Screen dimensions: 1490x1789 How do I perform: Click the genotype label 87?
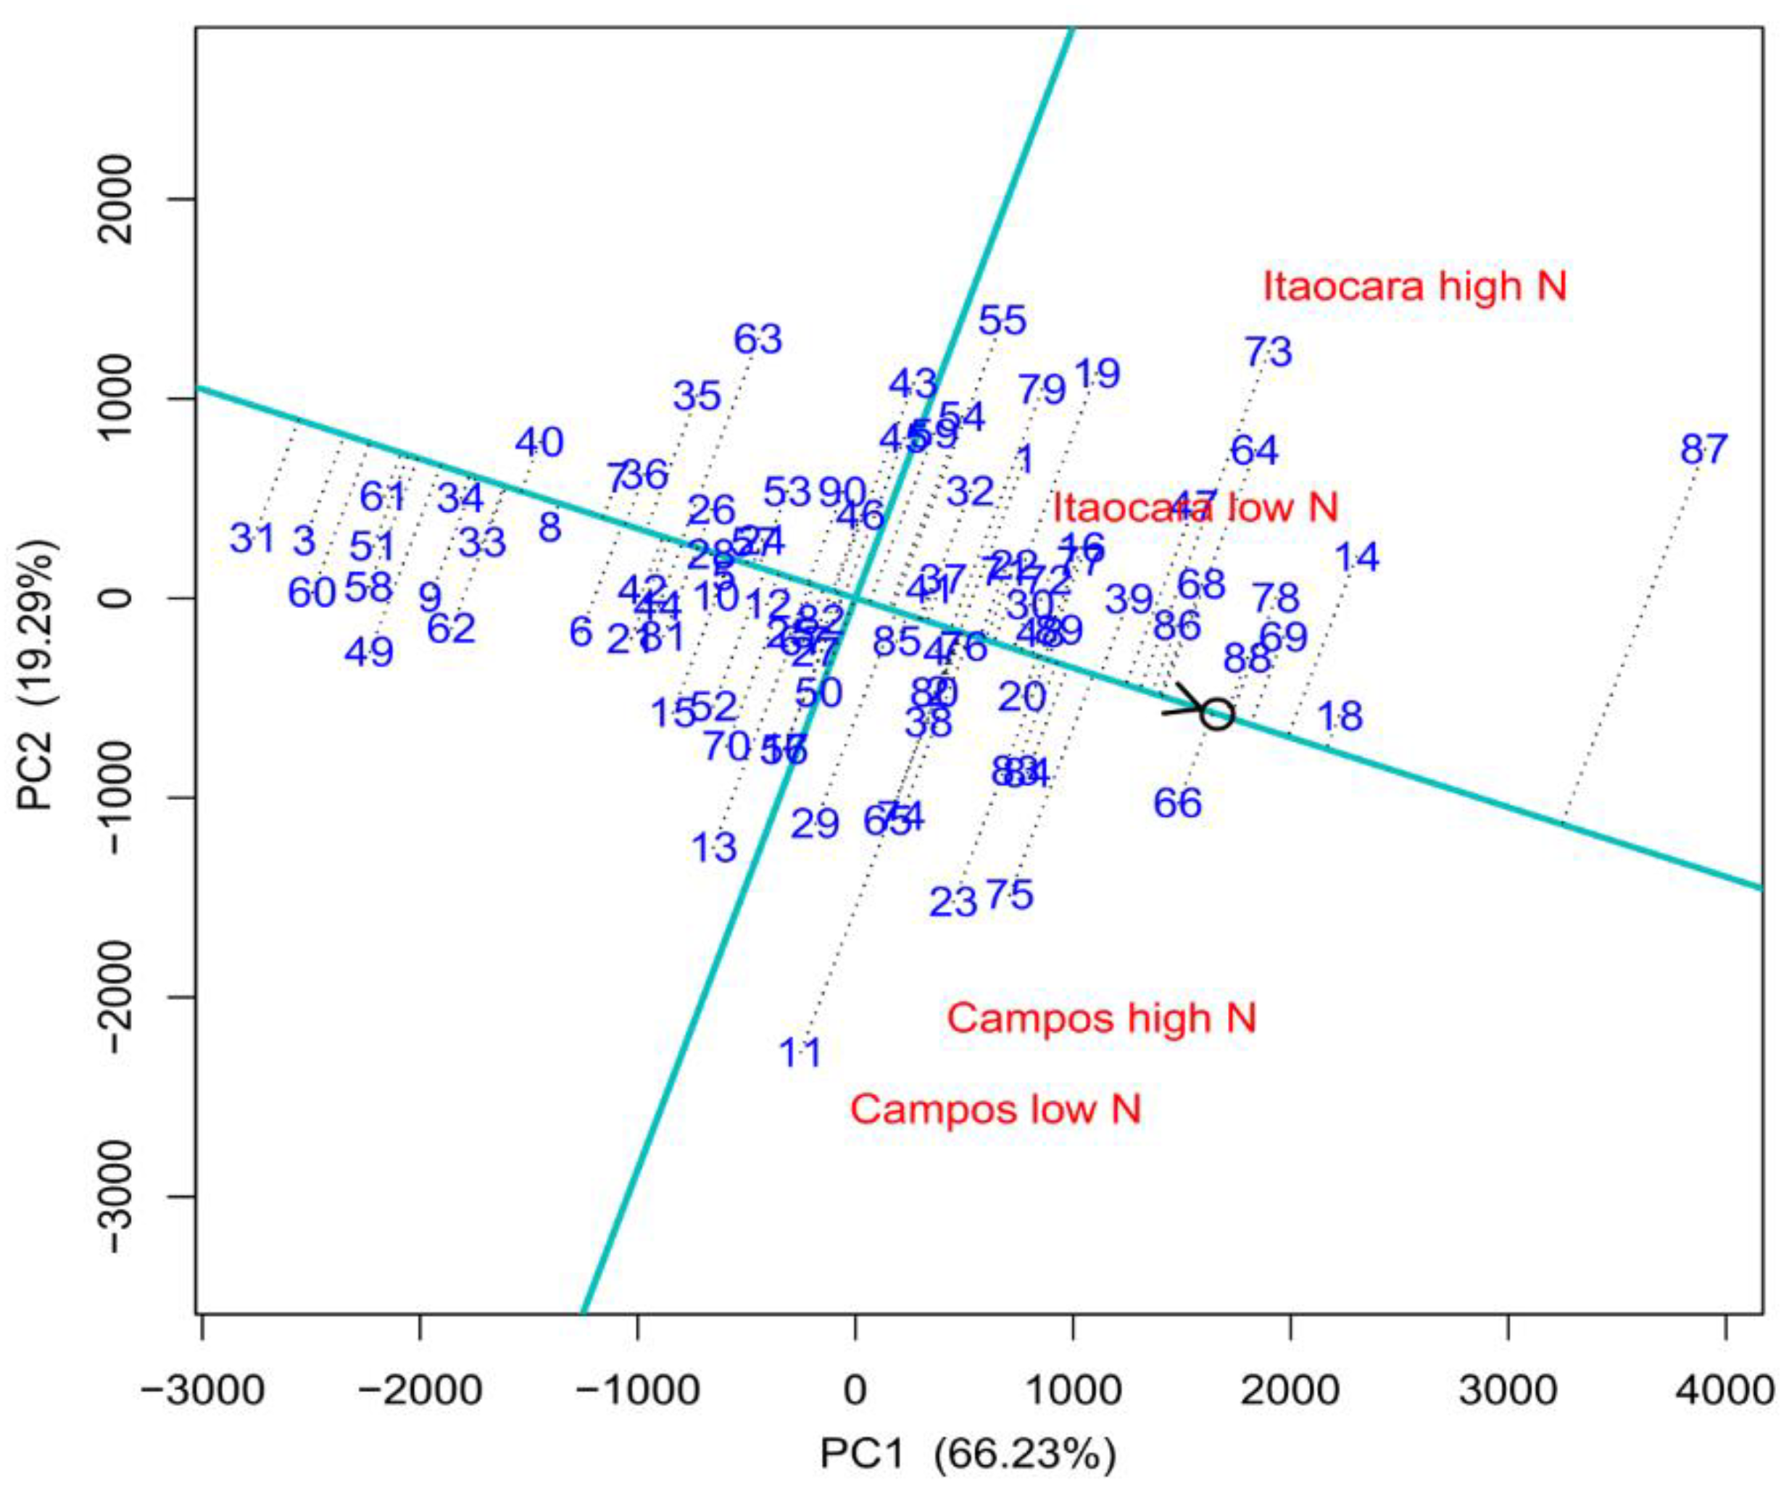tap(1703, 449)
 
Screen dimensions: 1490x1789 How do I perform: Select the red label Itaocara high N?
tap(1414, 286)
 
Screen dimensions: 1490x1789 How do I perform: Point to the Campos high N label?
tap(1102, 1018)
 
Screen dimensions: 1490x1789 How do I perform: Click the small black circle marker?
tap(1216, 714)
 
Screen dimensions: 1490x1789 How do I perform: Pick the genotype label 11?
tap(801, 1054)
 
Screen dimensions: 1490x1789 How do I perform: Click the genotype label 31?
tap(253, 538)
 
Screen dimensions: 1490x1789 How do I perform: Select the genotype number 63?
tap(758, 339)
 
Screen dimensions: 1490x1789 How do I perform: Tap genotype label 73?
tap(1269, 351)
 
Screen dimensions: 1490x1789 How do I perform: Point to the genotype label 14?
tap(1356, 558)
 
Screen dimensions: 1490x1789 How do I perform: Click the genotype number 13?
tap(714, 848)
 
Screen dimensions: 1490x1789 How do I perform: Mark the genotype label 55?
tap(1003, 321)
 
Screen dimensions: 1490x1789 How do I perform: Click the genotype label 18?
tap(1340, 717)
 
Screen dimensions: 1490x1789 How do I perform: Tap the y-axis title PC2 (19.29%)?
tap(38, 673)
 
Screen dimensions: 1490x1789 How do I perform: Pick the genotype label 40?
tap(539, 442)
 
